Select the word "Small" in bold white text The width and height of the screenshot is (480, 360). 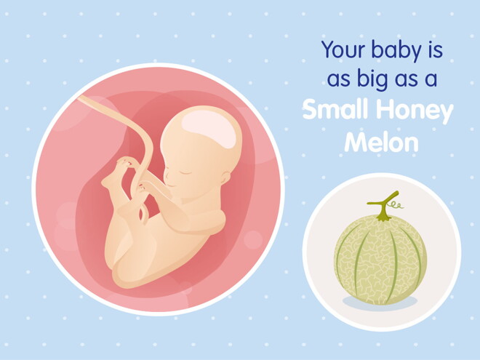pyautogui.click(x=333, y=111)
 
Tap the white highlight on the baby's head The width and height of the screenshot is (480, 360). pyautogui.click(x=209, y=132)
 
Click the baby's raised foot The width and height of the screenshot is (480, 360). pyautogui.click(x=117, y=175)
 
